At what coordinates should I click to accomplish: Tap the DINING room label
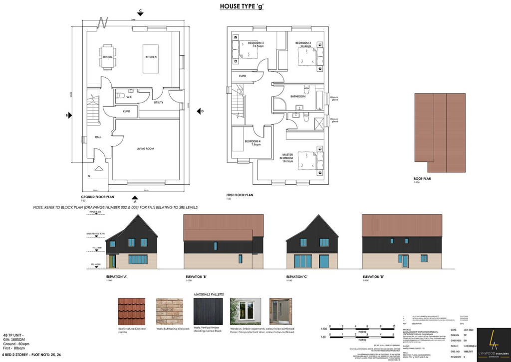tap(108, 57)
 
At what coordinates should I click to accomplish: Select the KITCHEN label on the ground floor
tap(151, 57)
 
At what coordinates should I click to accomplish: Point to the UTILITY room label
tap(159, 102)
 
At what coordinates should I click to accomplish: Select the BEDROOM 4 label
tap(253, 142)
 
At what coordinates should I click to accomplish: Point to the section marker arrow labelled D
tap(199, 111)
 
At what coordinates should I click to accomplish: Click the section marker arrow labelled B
tap(69, 115)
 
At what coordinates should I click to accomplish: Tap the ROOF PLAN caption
tap(422, 179)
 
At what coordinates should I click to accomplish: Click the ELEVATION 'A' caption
tap(118, 277)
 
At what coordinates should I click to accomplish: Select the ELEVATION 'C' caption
tap(298, 277)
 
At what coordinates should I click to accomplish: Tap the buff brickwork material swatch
tap(170, 311)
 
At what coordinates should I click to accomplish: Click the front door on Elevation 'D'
tap(405, 261)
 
